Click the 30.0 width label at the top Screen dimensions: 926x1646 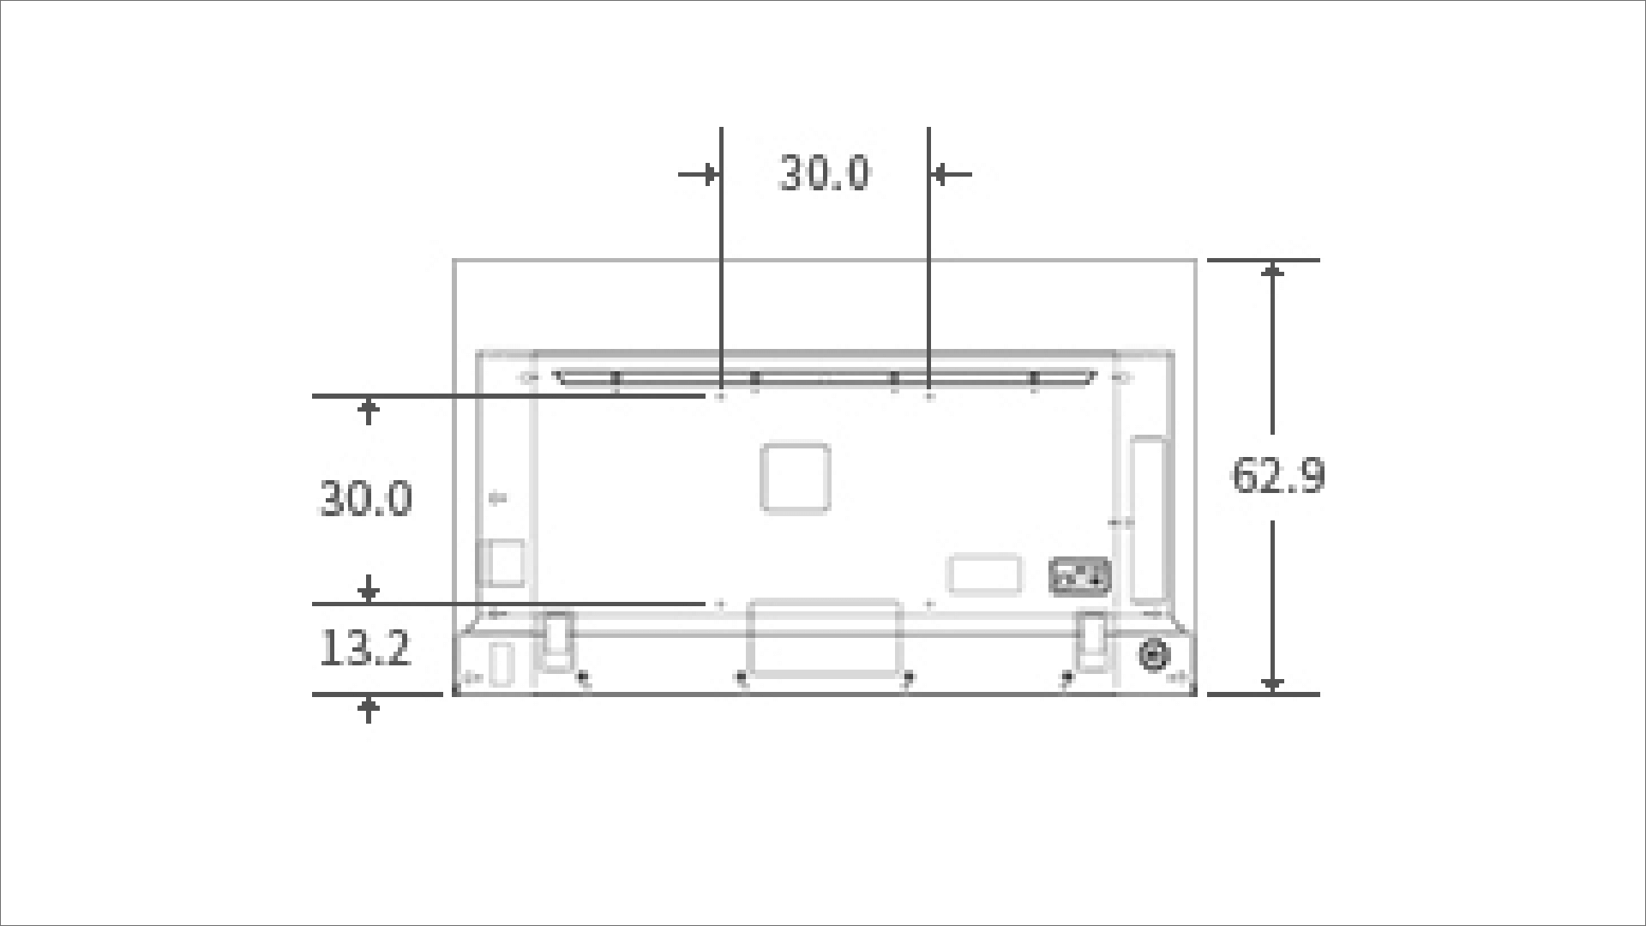823,173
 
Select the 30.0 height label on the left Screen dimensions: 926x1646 366,499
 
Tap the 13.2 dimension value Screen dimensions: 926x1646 364,648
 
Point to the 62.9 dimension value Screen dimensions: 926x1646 1277,476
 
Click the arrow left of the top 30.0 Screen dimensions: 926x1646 700,175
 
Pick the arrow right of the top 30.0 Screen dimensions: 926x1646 950,175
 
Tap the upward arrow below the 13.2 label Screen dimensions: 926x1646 369,710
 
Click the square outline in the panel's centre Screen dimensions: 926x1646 796,478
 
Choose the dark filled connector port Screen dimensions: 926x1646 1079,576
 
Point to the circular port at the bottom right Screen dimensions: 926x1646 1153,655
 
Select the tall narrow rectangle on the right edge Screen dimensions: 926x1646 1148,519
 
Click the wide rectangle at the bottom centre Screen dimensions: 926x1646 825,636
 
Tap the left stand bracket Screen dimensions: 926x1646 555,639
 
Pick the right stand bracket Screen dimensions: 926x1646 1093,639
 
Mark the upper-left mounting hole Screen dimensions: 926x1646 720,396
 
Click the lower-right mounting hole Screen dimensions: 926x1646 930,604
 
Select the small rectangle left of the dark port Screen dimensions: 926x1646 984,574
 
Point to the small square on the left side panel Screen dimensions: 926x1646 502,562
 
